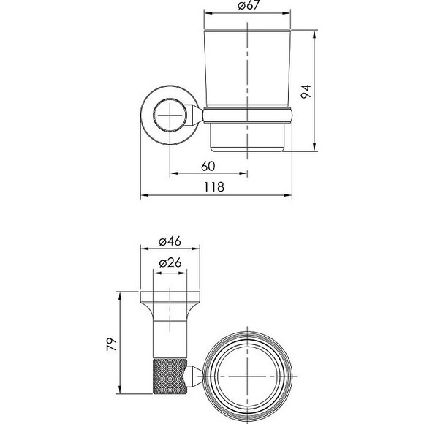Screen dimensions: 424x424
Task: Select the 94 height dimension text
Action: [308, 92]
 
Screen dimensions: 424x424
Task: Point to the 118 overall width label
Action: [213, 187]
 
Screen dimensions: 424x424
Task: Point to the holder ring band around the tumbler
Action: [249, 114]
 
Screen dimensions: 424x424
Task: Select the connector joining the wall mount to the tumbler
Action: [196, 116]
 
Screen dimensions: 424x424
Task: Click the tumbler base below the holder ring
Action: [249, 137]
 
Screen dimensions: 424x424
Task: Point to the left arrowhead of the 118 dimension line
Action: [142, 196]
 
